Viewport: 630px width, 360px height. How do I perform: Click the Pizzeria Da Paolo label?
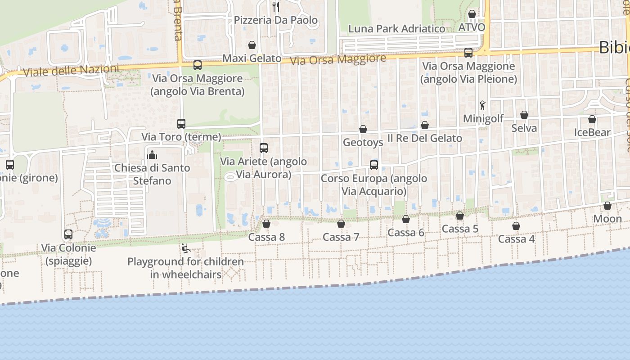[x=275, y=20]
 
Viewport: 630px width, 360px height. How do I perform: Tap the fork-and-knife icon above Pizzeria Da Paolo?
[x=276, y=6]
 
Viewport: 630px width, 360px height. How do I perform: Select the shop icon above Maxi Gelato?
[x=252, y=45]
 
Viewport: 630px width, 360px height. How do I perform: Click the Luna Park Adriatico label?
[x=396, y=29]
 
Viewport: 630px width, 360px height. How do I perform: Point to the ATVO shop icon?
[x=472, y=14]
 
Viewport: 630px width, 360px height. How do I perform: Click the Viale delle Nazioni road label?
[x=71, y=71]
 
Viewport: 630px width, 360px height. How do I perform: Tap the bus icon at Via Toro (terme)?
[x=181, y=123]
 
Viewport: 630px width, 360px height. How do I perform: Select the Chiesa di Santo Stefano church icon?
[x=152, y=155]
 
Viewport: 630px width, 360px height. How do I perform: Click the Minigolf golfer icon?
[x=482, y=105]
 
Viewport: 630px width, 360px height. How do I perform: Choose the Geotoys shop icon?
[x=363, y=129]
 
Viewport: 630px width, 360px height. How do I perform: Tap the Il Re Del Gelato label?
[x=425, y=138]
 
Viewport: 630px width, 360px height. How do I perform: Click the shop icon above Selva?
[x=524, y=115]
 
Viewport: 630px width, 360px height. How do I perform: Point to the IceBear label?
[x=592, y=132]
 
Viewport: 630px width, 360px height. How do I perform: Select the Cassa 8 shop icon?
[x=266, y=224]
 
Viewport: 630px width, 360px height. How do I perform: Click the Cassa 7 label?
[x=341, y=237]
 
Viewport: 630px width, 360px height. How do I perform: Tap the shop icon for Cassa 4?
[x=516, y=226]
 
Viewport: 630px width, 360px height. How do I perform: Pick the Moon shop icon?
[x=607, y=206]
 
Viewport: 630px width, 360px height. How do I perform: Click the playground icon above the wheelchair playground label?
[x=185, y=248]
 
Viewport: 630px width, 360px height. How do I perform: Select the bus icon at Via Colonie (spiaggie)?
[x=68, y=234]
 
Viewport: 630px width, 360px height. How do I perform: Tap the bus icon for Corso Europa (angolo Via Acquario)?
[x=374, y=165]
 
